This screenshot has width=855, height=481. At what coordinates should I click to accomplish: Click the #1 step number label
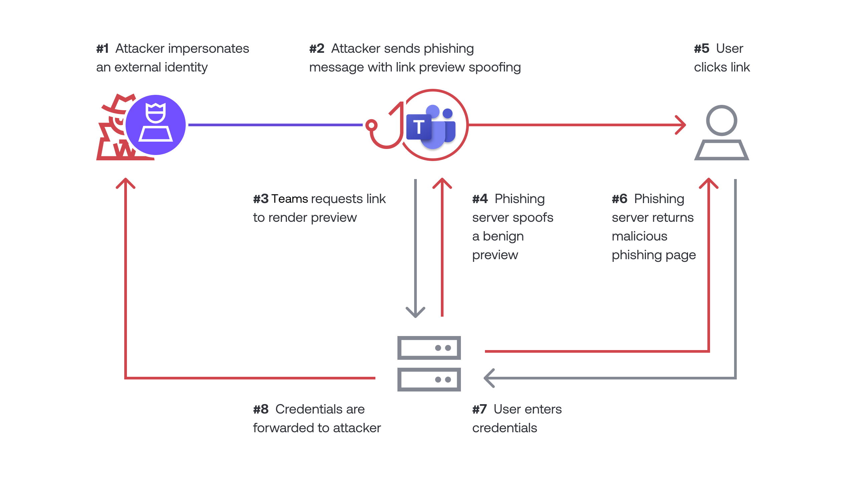[103, 49]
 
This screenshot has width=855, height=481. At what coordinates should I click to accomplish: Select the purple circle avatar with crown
[156, 125]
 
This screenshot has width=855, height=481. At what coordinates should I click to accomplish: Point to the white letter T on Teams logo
[419, 127]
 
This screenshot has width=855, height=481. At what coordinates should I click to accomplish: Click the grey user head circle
[721, 120]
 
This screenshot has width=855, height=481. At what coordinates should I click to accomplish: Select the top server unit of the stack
[429, 348]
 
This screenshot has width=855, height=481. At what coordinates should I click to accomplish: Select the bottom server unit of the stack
[429, 379]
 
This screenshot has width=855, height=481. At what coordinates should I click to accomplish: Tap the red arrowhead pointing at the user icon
[681, 125]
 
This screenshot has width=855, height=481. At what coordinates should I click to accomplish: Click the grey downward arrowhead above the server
[415, 313]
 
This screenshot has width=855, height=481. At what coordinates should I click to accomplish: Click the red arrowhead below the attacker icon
[126, 183]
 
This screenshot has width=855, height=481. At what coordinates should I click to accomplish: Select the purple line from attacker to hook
[275, 125]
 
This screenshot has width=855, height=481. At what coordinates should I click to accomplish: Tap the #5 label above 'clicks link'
[701, 49]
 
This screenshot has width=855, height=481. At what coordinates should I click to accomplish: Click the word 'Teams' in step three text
[290, 199]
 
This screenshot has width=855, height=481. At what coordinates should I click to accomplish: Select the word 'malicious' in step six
[639, 236]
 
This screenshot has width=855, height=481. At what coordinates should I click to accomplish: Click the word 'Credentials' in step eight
[320, 410]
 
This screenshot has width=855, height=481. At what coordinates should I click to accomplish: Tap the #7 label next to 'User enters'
[479, 410]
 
